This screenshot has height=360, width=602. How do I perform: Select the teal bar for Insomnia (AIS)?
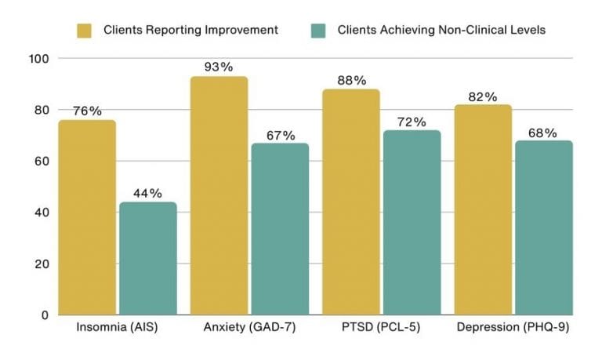click(148, 258)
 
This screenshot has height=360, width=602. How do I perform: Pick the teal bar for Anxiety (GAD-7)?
click(280, 229)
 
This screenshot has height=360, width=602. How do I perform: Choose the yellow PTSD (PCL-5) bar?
click(351, 202)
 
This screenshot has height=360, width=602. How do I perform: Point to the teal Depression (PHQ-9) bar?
click(542, 227)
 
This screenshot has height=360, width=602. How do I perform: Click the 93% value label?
click(219, 67)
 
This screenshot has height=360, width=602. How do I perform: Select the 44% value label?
click(147, 193)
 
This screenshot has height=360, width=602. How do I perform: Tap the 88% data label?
click(351, 80)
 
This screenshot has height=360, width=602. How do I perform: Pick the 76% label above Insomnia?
click(88, 111)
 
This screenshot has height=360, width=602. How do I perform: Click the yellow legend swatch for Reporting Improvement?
click(85, 31)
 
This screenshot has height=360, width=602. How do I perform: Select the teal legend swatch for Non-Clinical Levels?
click(319, 31)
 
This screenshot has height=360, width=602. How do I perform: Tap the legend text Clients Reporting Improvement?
click(190, 31)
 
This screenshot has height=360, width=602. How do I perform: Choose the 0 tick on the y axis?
click(45, 315)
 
